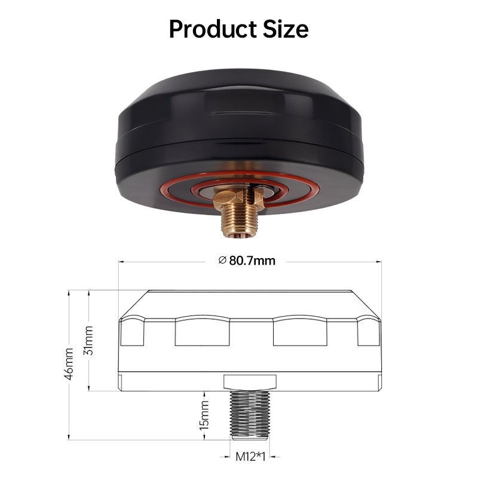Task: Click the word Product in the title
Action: coord(212,29)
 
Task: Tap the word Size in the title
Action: coord(285,29)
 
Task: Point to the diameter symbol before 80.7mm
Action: coord(222,261)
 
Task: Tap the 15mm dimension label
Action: coord(205,416)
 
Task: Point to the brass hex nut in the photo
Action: coord(237,199)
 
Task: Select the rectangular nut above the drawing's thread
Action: coord(250,381)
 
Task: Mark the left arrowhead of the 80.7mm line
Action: coord(120,261)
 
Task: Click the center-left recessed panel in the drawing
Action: coord(202,332)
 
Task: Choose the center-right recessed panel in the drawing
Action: coord(300,332)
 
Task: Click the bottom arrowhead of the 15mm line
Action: coord(205,438)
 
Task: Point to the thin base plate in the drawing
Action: coord(179,382)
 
